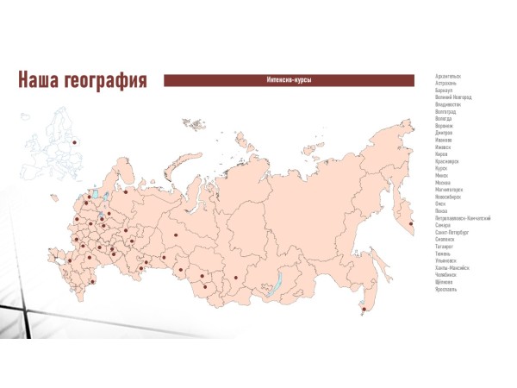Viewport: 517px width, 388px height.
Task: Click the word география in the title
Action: coord(107,81)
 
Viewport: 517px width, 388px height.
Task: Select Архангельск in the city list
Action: coord(448,76)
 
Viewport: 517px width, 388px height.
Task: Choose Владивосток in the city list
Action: coord(449,104)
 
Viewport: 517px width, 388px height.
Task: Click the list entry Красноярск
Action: coord(448,160)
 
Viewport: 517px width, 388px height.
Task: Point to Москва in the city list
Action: coord(443,182)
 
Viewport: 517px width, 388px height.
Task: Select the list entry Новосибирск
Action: coord(449,196)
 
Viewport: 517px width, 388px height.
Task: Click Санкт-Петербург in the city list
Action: coord(452,231)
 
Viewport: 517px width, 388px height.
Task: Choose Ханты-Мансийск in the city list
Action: coord(452,267)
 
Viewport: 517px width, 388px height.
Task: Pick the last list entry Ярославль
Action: coord(446,289)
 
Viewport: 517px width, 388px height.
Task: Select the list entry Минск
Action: coord(442,175)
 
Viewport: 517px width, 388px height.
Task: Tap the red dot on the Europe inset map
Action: coord(75,143)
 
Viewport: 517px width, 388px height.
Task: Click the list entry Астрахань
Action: coord(447,83)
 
